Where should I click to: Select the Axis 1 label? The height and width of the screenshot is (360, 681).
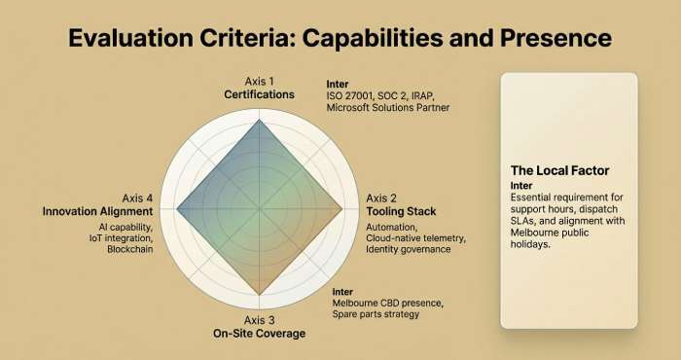pyautogui.click(x=260, y=82)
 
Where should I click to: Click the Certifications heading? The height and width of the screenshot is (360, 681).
pyautogui.click(x=260, y=95)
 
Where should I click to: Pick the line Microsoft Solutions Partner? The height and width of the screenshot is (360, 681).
pyautogui.click(x=388, y=107)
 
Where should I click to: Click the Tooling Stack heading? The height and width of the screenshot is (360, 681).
pyautogui.click(x=400, y=211)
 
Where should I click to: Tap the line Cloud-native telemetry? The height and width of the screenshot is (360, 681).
pyautogui.click(x=415, y=238)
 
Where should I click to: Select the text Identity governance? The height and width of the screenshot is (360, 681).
pyautogui.click(x=408, y=250)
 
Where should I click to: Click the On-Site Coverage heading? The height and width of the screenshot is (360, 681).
pyautogui.click(x=260, y=334)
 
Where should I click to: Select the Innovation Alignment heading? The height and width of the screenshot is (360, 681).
pyautogui.click(x=98, y=211)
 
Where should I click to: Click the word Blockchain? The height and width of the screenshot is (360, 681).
pyautogui.click(x=130, y=250)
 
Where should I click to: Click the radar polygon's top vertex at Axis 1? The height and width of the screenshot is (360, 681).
pyautogui.click(x=260, y=120)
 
